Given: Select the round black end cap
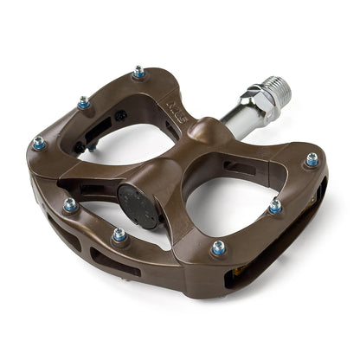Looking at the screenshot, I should click(x=138, y=205).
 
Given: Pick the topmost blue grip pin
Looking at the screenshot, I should click(x=138, y=73).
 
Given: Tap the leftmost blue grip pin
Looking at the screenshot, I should click(x=39, y=142).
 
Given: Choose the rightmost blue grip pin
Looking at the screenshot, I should click(x=312, y=160).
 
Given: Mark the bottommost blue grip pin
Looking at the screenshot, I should click(x=218, y=248).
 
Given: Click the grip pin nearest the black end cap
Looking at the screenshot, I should click(x=119, y=235).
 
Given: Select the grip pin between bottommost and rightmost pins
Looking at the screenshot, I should click(x=274, y=206).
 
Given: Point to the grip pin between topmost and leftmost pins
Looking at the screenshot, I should click(x=83, y=102).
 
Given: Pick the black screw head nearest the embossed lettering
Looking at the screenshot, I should click(x=120, y=113).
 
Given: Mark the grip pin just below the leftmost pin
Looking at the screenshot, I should click(x=69, y=205).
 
